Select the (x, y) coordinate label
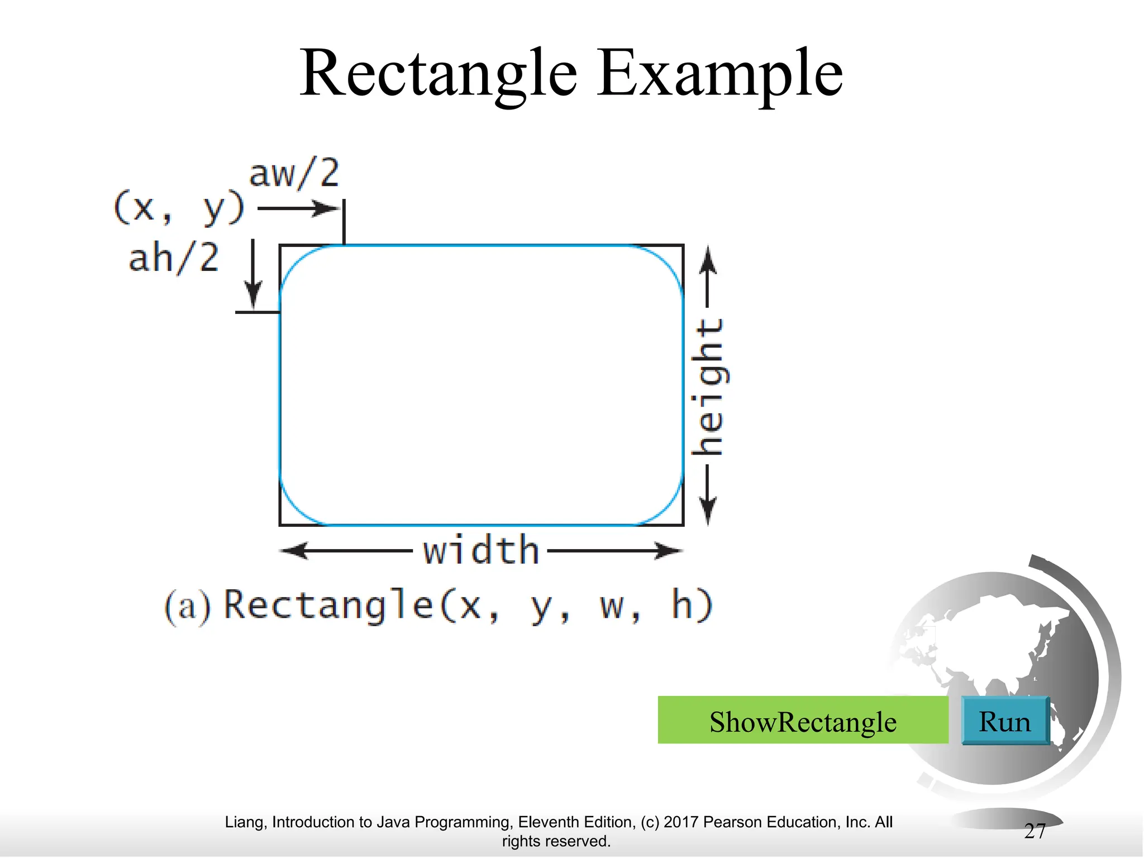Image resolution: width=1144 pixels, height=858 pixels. pyautogui.click(x=179, y=208)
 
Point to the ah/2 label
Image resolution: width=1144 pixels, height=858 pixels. pyautogui.click(x=174, y=258)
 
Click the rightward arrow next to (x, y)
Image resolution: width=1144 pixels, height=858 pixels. pyautogui.click(x=298, y=209)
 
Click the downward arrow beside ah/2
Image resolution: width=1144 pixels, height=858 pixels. pyautogui.click(x=253, y=274)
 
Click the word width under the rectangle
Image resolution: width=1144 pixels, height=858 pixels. pyautogui.click(x=481, y=551)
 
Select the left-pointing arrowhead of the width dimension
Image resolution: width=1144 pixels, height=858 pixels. pyautogui.click(x=293, y=551)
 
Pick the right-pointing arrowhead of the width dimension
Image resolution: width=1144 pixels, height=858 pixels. pyautogui.click(x=669, y=551)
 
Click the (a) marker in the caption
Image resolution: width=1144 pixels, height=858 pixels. pyautogui.click(x=188, y=607)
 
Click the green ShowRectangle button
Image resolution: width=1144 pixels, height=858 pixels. pyautogui.click(x=803, y=721)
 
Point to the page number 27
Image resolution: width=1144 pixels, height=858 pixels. pyautogui.click(x=1035, y=831)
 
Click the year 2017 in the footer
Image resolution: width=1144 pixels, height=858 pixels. pyautogui.click(x=681, y=822)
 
